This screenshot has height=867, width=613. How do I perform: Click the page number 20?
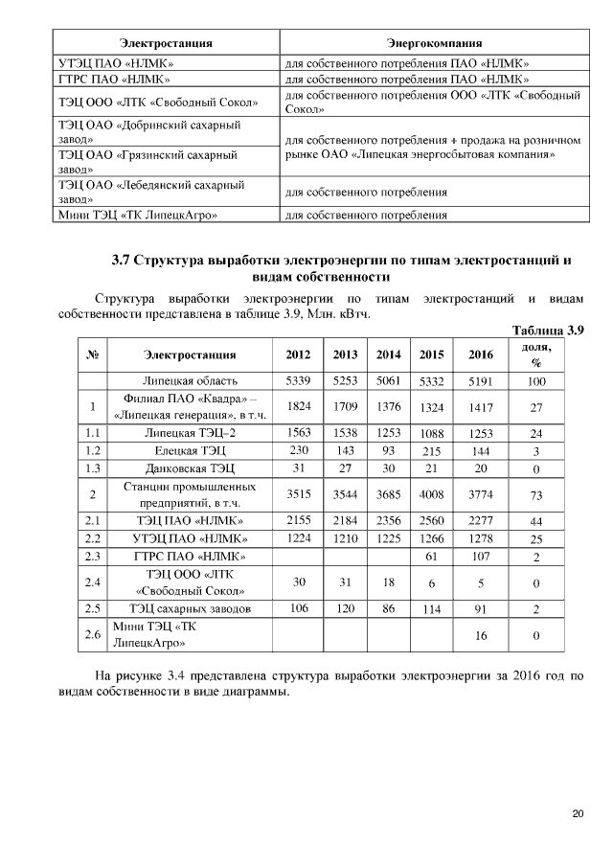point(578,814)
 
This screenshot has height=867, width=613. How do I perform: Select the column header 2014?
point(388,354)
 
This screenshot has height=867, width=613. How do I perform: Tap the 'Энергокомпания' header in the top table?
point(434,44)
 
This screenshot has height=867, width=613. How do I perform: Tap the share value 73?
point(536,494)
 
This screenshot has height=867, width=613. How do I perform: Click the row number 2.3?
point(93,557)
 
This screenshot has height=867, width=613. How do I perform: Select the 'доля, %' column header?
point(536,354)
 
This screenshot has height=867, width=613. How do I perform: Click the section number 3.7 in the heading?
point(121,260)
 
